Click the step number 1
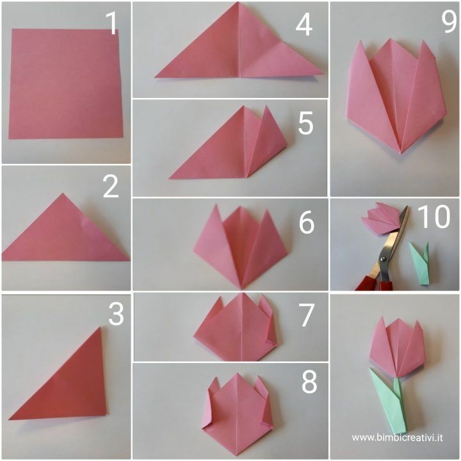point(112,23)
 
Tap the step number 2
point(111,186)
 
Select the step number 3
point(116,314)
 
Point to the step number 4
point(303,25)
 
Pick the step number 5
point(305,124)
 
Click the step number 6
point(307,223)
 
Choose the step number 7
point(307,315)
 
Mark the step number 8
point(309,382)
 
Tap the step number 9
point(449,22)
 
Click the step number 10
point(433,216)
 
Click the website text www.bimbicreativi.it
point(397,438)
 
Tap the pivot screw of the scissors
point(384,259)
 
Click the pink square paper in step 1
point(65,83)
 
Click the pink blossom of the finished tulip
point(397,348)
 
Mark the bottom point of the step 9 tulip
point(400,153)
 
